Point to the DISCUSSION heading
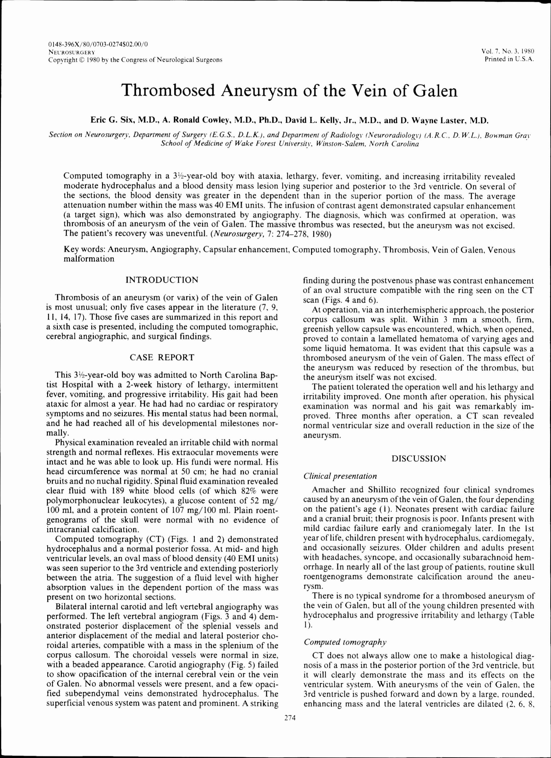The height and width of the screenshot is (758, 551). [x=419, y=459]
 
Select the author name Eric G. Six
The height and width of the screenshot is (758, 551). [x=113, y=120]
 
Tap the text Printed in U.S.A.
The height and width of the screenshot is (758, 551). [x=509, y=59]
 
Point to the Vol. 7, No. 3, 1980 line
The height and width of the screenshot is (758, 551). [x=507, y=51]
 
